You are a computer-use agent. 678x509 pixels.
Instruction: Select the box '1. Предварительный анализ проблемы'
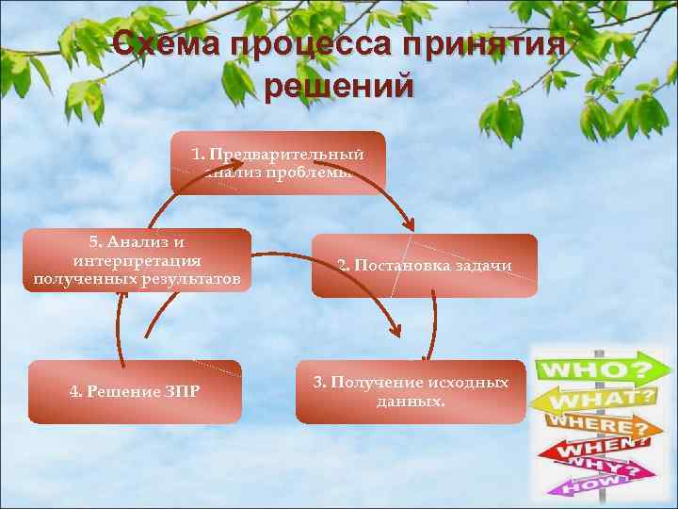tap(278, 162)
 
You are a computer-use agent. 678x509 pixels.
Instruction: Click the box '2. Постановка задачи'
tap(424, 265)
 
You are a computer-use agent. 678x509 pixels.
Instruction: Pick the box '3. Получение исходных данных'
tap(411, 391)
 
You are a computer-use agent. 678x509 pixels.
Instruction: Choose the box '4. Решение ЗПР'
tap(135, 391)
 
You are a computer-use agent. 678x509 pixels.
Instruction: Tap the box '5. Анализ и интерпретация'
tap(137, 260)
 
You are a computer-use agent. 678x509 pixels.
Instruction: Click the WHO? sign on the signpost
tap(593, 366)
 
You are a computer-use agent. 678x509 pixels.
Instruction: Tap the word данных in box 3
tap(411, 400)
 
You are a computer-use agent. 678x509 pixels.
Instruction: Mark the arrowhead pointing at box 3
tap(395, 330)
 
